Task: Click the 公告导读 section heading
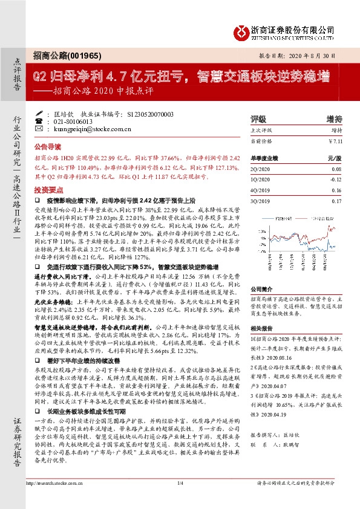47,147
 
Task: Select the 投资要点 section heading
47,188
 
